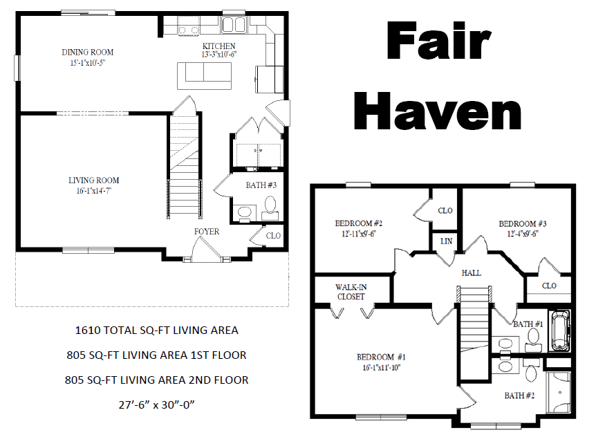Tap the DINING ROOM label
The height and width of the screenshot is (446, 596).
(x=87, y=53)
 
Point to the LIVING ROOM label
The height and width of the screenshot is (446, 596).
(x=94, y=180)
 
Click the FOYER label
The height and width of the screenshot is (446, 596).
(x=207, y=232)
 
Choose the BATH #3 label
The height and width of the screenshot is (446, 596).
(x=261, y=185)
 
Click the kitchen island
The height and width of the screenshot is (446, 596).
(x=205, y=75)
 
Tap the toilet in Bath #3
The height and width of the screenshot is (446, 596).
(x=270, y=205)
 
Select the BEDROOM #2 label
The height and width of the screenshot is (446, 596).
(x=359, y=224)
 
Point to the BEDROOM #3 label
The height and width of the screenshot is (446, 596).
(x=523, y=224)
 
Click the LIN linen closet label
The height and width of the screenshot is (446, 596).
(x=445, y=241)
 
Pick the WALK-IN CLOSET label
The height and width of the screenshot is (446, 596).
(x=351, y=292)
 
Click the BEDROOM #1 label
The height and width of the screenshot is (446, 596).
(x=381, y=357)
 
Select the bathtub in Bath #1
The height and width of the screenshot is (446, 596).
(x=561, y=331)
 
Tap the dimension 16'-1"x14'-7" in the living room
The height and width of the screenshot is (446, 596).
(x=94, y=191)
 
